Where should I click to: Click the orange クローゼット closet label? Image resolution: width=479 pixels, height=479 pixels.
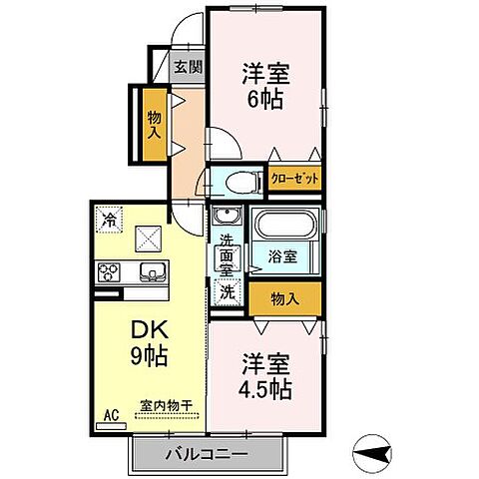[x=295, y=181]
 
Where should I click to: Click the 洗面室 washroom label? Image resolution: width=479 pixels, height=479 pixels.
[x=227, y=254]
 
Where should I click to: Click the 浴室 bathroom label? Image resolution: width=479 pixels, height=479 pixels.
[x=282, y=256]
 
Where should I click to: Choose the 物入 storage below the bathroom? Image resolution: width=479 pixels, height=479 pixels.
[x=284, y=296]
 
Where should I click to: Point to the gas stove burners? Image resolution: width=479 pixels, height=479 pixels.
[x=110, y=270]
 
